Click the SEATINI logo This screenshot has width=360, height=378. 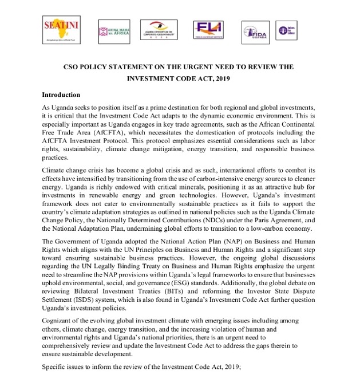60,29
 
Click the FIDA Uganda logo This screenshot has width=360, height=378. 253,30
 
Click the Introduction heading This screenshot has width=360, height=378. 61,94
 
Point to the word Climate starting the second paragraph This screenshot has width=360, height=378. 54,171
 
